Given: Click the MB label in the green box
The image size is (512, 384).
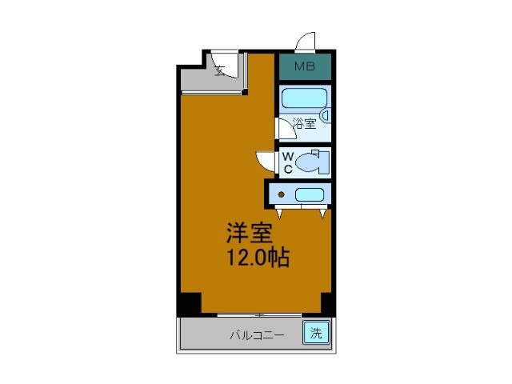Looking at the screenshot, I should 304,66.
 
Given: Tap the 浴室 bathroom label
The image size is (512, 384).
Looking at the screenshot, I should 304,123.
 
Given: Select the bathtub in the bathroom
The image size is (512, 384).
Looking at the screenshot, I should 303,98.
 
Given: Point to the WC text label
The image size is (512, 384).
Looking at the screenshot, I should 286,163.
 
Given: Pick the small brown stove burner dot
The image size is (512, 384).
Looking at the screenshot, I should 281,194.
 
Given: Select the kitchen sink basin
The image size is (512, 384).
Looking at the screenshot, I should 309,194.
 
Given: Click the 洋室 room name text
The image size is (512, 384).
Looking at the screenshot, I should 249,234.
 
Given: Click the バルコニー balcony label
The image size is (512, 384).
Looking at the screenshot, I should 257,334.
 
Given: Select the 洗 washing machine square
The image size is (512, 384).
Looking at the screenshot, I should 315,333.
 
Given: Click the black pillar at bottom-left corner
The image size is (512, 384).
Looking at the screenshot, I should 189,303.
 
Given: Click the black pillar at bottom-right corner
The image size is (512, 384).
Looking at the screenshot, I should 326,303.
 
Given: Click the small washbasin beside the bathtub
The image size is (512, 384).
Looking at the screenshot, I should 326,117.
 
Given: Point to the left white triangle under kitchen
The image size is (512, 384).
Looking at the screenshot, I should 282,214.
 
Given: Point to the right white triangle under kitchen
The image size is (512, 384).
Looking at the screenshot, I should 323,214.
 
